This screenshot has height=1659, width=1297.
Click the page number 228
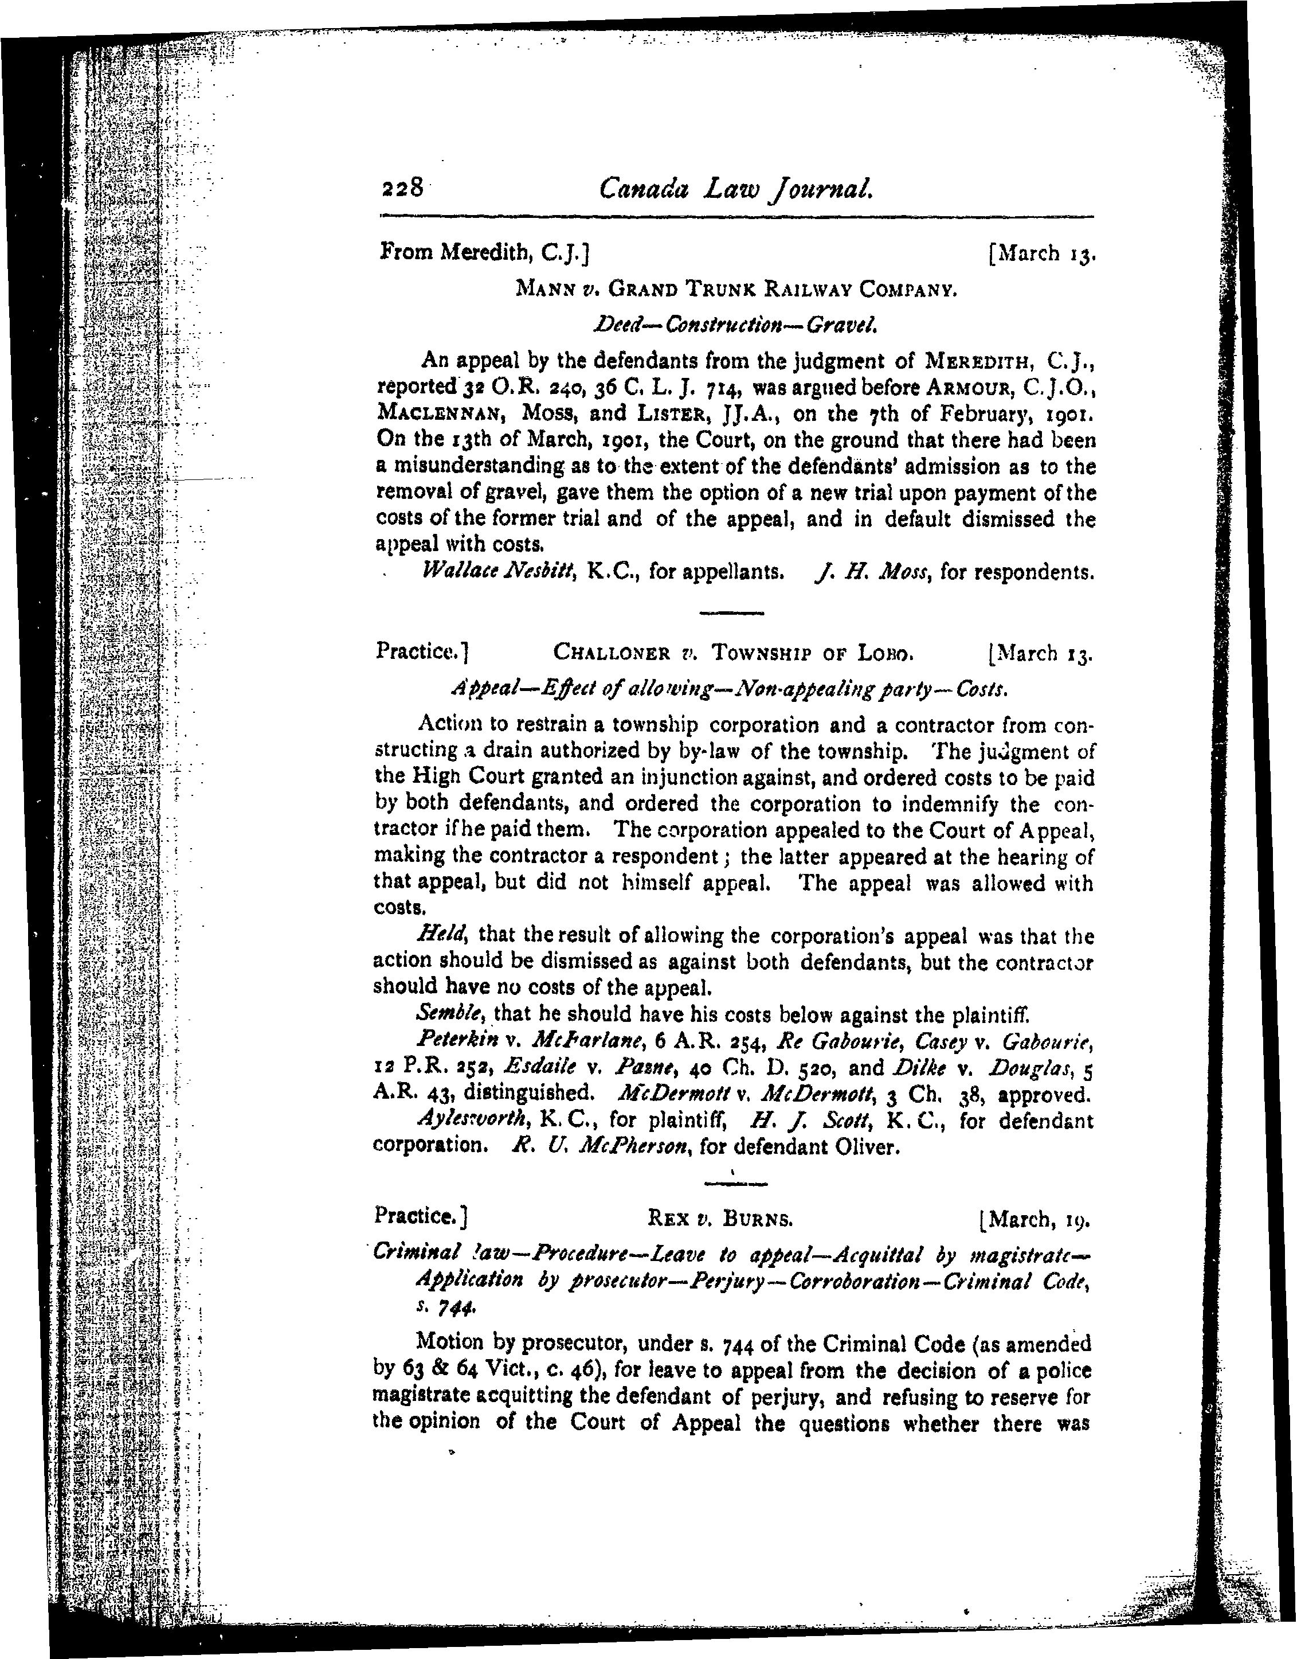(x=402, y=187)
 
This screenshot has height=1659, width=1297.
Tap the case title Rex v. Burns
(x=720, y=1219)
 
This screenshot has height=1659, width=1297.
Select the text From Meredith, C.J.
(x=484, y=251)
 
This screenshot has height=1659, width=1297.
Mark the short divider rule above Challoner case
(x=731, y=612)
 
